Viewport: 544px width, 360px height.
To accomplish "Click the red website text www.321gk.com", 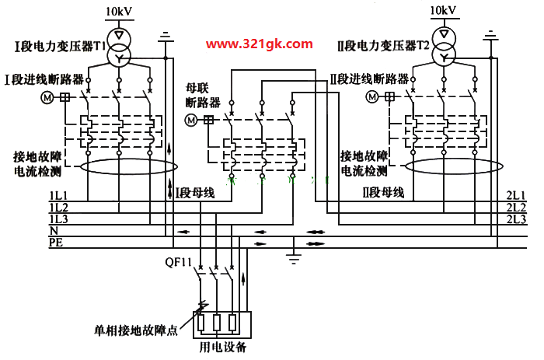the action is coord(259,44).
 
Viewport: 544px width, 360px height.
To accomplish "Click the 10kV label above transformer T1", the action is coord(119,12).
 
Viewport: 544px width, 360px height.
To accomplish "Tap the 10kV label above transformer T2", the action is coord(443,10).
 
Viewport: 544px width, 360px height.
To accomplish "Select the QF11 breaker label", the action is coord(178,262).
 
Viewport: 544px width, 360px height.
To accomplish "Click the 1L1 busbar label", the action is coord(59,195).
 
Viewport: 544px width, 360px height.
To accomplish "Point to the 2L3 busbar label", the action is coord(516,219).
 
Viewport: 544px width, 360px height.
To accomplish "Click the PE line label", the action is coord(56,242).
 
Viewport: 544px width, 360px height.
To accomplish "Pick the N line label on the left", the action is coord(54,230).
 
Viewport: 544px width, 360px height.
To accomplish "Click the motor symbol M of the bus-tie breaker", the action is coord(191,120).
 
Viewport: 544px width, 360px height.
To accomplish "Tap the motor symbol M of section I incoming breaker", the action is coord(47,97).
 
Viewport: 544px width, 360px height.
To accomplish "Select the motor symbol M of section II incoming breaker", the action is coord(372,96).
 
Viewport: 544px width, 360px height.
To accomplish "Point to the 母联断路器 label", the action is coord(203,95).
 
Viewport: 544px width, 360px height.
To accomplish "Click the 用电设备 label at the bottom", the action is coord(222,347).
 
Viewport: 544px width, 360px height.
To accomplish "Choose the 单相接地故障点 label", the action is coord(136,330).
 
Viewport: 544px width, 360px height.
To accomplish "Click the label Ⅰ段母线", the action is coord(195,193).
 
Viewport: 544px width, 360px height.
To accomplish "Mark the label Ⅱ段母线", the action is coord(383,192).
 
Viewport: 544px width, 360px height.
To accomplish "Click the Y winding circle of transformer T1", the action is coord(119,58).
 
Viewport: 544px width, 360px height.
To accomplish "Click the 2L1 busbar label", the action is coord(516,195).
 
